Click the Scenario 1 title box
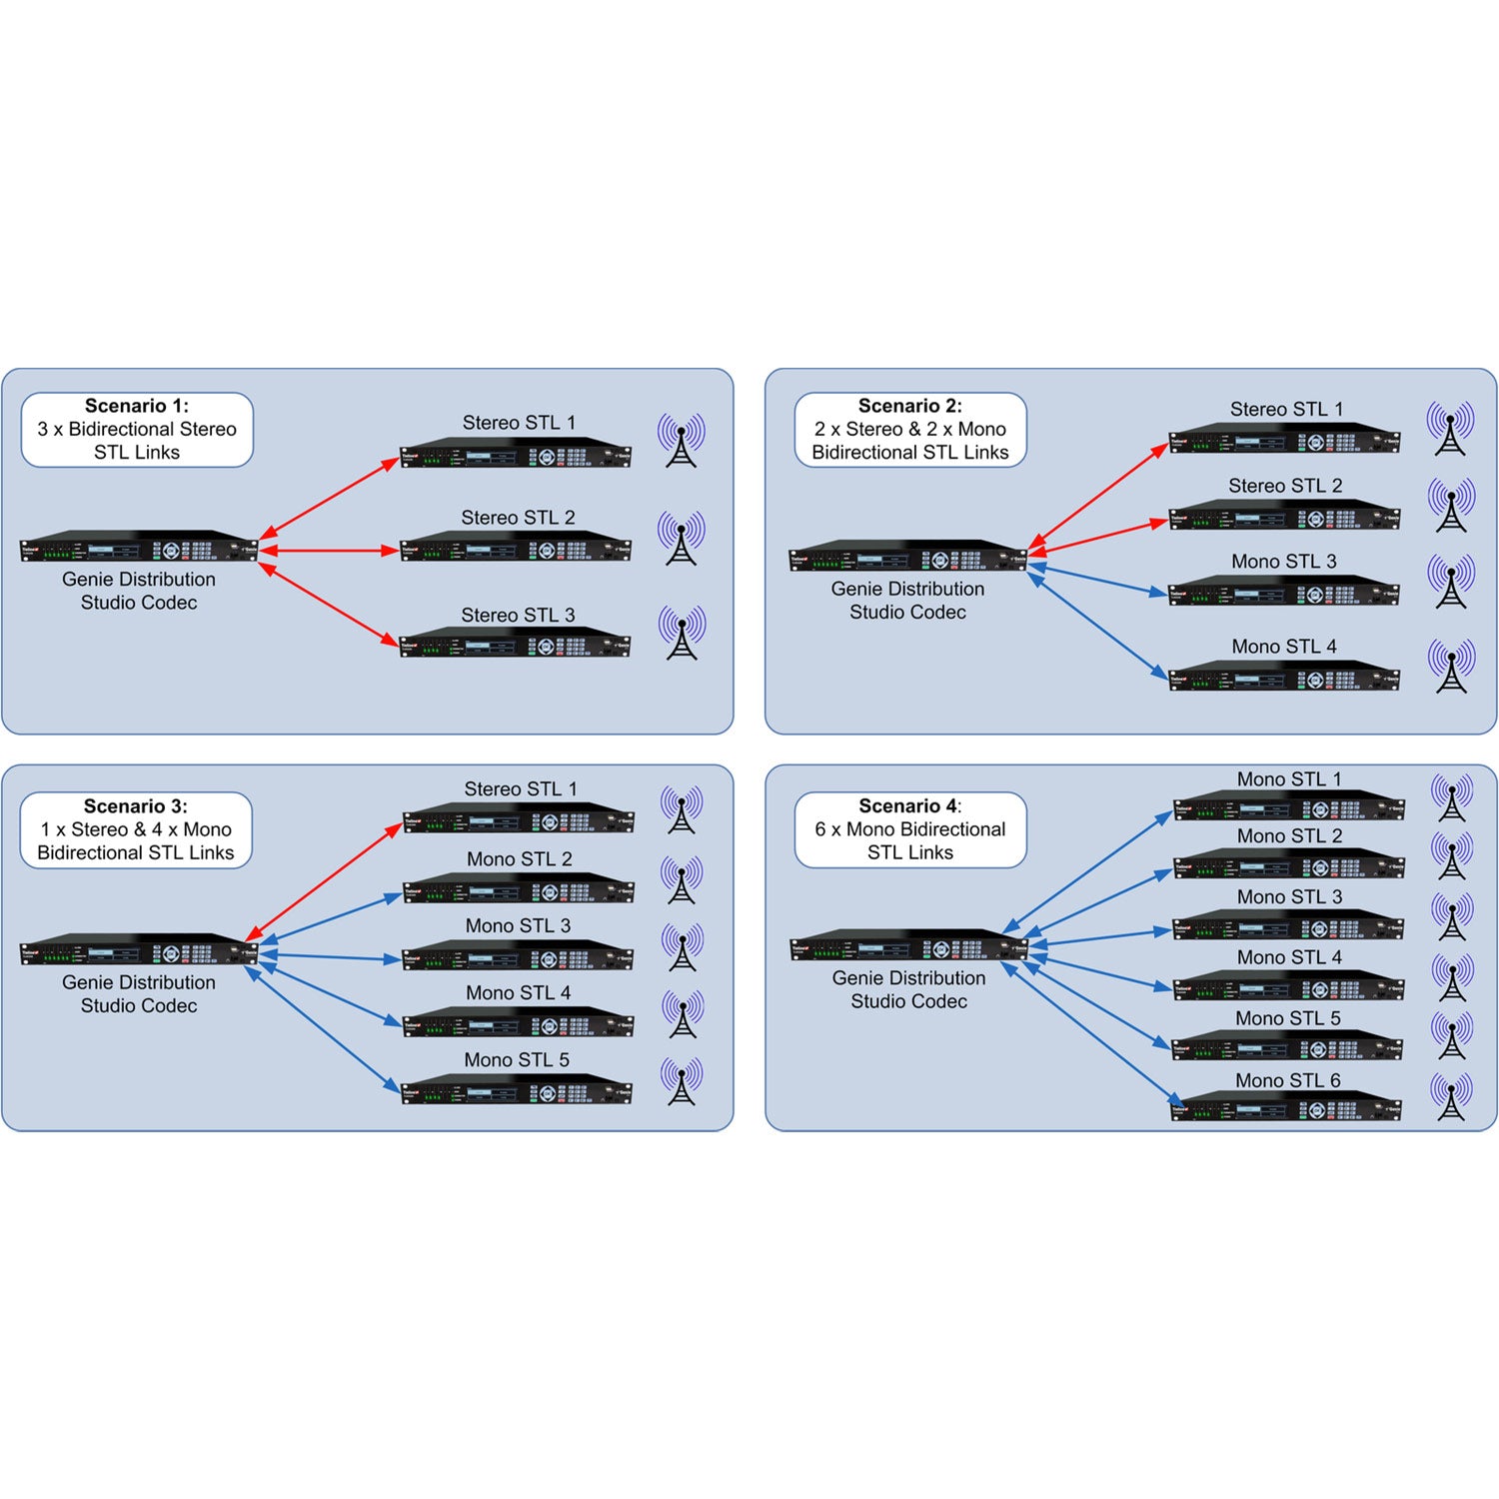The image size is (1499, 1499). click(x=137, y=430)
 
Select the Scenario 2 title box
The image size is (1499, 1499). click(x=910, y=430)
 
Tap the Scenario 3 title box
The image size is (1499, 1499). click(x=136, y=830)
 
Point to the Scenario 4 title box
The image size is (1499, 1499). click(x=910, y=830)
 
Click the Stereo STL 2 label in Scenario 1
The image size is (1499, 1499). click(x=518, y=518)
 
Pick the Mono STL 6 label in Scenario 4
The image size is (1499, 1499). click(x=1287, y=1080)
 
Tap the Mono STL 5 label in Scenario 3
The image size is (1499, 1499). click(x=517, y=1059)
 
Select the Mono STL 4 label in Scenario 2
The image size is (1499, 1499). click(x=1284, y=647)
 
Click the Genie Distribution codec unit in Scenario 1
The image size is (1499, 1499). click(x=140, y=548)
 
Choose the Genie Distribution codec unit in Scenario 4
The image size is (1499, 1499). click(x=908, y=945)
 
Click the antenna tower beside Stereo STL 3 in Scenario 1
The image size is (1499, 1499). click(x=682, y=633)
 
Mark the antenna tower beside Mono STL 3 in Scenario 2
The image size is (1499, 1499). click(x=1451, y=582)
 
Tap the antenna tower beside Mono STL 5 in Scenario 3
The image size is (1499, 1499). click(x=682, y=1081)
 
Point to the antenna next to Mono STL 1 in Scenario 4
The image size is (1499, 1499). click(x=1451, y=796)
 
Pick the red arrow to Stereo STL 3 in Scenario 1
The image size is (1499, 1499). click(x=328, y=606)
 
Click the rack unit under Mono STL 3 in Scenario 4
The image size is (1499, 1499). click(x=1287, y=926)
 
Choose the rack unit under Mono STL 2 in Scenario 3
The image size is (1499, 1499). click(x=518, y=887)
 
